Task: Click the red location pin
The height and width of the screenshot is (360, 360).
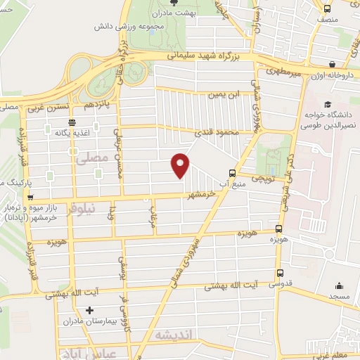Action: pos(181,165)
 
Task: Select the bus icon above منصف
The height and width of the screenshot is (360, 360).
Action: pos(327,8)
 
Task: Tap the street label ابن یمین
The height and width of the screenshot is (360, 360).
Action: pos(219,94)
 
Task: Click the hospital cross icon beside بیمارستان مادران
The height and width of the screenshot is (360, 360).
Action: pos(89,310)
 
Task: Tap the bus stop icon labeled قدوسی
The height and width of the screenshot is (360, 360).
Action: pos(281,274)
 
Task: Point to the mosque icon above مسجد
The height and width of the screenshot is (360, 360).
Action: pos(340,285)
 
